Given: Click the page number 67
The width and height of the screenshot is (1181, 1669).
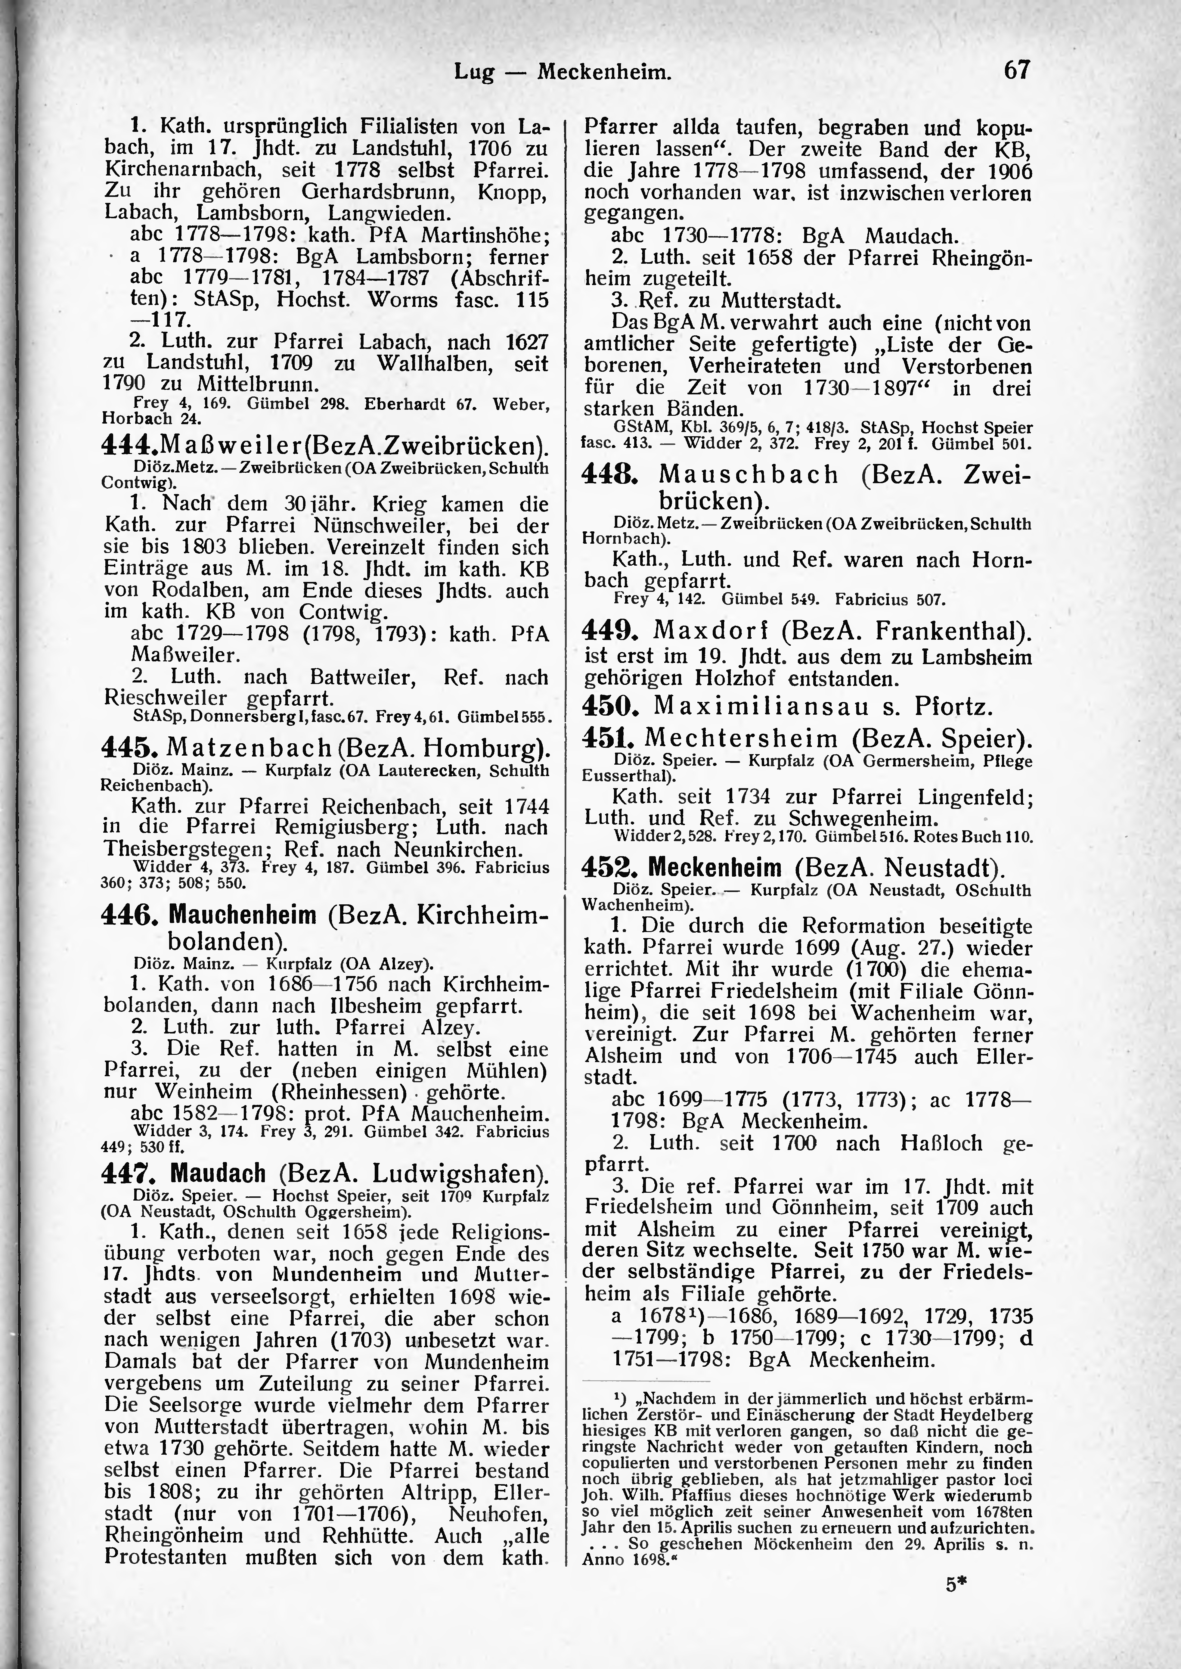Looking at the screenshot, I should coord(1017,70).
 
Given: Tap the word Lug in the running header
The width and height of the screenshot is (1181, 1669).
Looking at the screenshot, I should coord(474,72).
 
